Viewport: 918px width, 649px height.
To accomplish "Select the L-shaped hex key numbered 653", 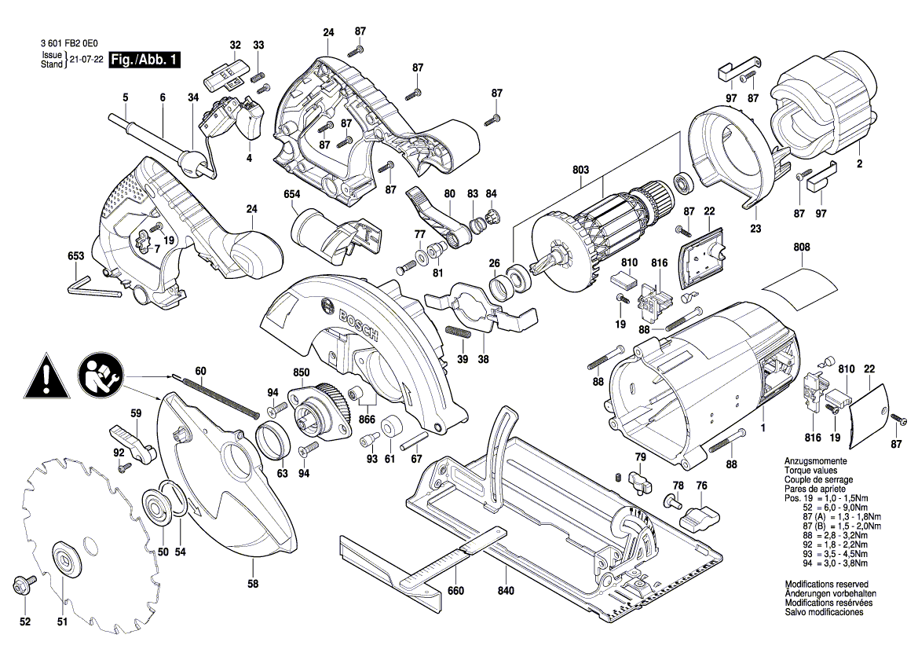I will pyautogui.click(x=90, y=284).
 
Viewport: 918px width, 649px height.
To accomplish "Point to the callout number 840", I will pyautogui.click(x=506, y=591).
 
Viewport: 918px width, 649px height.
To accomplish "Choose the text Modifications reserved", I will pyautogui.click(x=826, y=585).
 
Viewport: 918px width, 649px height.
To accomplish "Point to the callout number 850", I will pyautogui.click(x=302, y=372).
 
